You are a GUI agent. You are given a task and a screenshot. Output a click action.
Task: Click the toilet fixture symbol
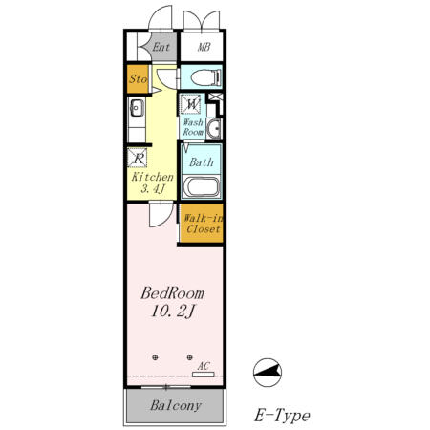[205, 77]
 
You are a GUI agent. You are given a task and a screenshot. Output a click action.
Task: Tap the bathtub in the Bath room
[202, 187]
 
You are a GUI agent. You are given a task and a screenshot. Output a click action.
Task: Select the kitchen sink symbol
[137, 108]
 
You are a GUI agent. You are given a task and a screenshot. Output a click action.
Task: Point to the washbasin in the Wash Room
[214, 128]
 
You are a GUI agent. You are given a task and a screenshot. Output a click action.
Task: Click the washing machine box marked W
[191, 104]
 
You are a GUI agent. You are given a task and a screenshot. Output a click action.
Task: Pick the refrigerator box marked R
[138, 158]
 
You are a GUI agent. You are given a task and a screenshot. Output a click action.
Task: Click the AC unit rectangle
[204, 375]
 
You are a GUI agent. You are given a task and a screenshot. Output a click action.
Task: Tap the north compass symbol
[268, 373]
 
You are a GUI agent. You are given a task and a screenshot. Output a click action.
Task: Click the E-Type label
[282, 416]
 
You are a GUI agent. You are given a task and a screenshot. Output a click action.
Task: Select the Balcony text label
[176, 405]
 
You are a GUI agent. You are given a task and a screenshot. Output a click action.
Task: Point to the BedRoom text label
[172, 293]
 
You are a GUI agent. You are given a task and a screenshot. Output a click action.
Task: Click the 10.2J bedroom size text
[173, 312]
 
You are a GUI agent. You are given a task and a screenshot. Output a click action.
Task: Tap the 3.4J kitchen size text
[153, 189]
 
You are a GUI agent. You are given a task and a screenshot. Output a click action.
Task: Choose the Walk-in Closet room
[202, 223]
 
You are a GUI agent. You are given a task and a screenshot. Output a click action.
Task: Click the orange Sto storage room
[138, 79]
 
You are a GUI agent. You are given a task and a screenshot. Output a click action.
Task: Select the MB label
[204, 47]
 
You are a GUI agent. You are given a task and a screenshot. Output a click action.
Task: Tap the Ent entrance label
[161, 47]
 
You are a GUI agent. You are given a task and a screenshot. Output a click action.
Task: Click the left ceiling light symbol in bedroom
[155, 357]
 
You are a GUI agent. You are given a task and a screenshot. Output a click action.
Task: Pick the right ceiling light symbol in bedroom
[190, 357]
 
